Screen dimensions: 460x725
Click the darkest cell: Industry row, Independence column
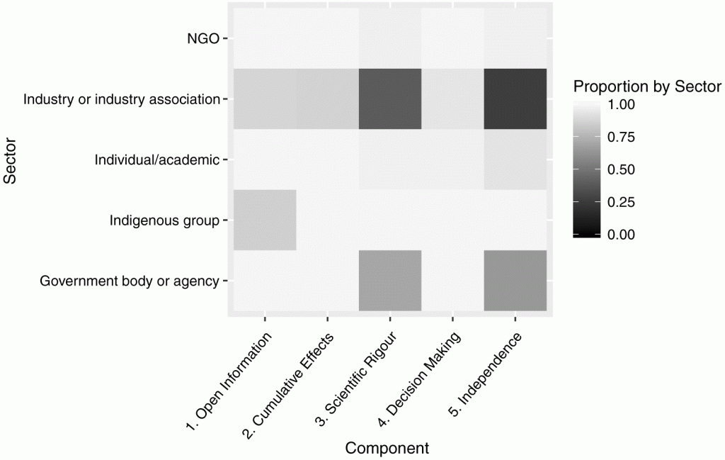pos(515,99)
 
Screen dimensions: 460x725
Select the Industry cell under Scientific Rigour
pos(390,99)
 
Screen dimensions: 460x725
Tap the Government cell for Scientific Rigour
pos(390,281)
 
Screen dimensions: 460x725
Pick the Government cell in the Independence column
pos(515,281)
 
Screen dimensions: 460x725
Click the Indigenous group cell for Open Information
pos(265,220)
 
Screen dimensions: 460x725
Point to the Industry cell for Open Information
pos(265,99)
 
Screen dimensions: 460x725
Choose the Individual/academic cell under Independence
pos(515,159)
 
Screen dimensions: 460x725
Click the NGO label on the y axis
pos(203,39)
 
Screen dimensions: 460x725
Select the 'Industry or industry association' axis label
pos(121,99)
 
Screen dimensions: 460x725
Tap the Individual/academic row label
pos(157,159)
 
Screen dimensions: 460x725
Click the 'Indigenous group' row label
pos(165,220)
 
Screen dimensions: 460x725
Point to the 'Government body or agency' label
pos(130,281)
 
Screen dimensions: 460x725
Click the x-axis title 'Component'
pos(387,448)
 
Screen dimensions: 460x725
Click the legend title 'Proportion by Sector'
pos(646,87)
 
